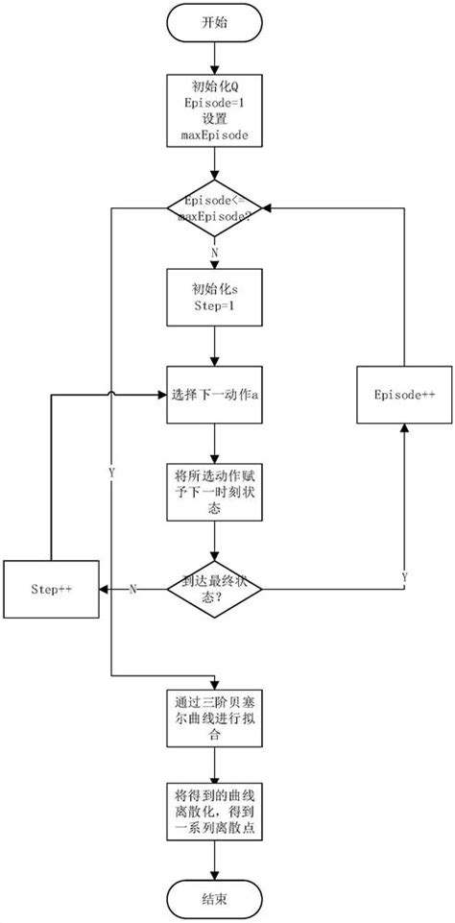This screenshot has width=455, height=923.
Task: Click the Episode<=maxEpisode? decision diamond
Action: coord(214,208)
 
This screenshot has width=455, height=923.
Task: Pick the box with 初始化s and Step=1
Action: coord(214,297)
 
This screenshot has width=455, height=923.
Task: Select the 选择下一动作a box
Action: coord(214,394)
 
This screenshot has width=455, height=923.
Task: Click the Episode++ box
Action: coord(404,394)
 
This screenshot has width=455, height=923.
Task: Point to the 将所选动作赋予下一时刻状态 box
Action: coord(214,493)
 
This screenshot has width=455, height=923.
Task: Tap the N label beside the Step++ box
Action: coord(132,589)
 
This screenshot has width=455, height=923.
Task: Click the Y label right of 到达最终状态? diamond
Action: coord(404,576)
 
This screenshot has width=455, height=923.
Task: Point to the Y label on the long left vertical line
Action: coord(111,474)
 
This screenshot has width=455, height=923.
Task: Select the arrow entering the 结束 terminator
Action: coord(214,864)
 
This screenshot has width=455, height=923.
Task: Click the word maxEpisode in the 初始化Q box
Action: coord(214,136)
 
